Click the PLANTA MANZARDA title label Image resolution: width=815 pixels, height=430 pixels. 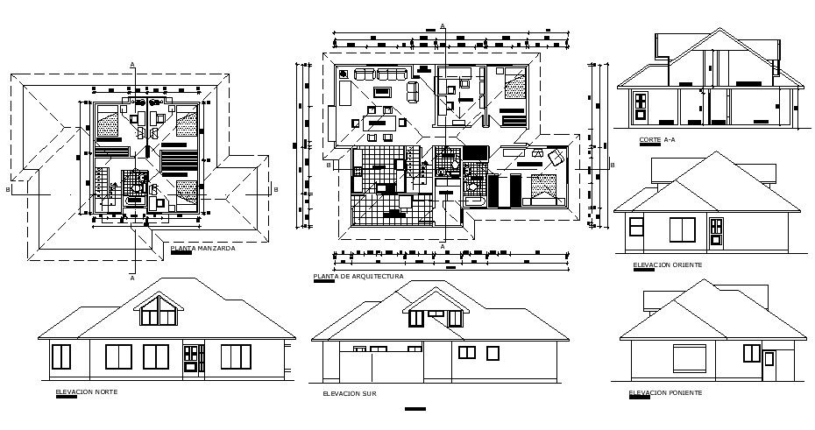(202, 249)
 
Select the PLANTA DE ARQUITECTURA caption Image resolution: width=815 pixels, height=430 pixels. (358, 277)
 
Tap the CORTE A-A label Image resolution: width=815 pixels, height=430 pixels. (656, 140)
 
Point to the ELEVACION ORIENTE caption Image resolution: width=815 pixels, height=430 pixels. (667, 264)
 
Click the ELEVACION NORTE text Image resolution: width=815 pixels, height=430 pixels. (86, 391)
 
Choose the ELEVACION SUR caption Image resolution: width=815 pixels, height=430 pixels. (349, 394)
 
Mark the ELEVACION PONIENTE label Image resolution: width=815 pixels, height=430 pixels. (665, 392)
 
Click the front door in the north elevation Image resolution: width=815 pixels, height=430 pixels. (192, 359)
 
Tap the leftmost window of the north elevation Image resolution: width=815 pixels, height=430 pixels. (61, 356)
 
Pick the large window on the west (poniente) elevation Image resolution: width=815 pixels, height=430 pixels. (689, 358)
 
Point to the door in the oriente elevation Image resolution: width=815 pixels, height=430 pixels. (716, 230)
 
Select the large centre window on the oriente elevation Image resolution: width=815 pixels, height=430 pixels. (683, 229)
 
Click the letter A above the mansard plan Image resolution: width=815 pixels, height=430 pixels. (132, 64)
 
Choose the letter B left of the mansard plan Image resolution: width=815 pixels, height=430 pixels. (8, 188)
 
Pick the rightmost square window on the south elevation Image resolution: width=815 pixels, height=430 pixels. (492, 352)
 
